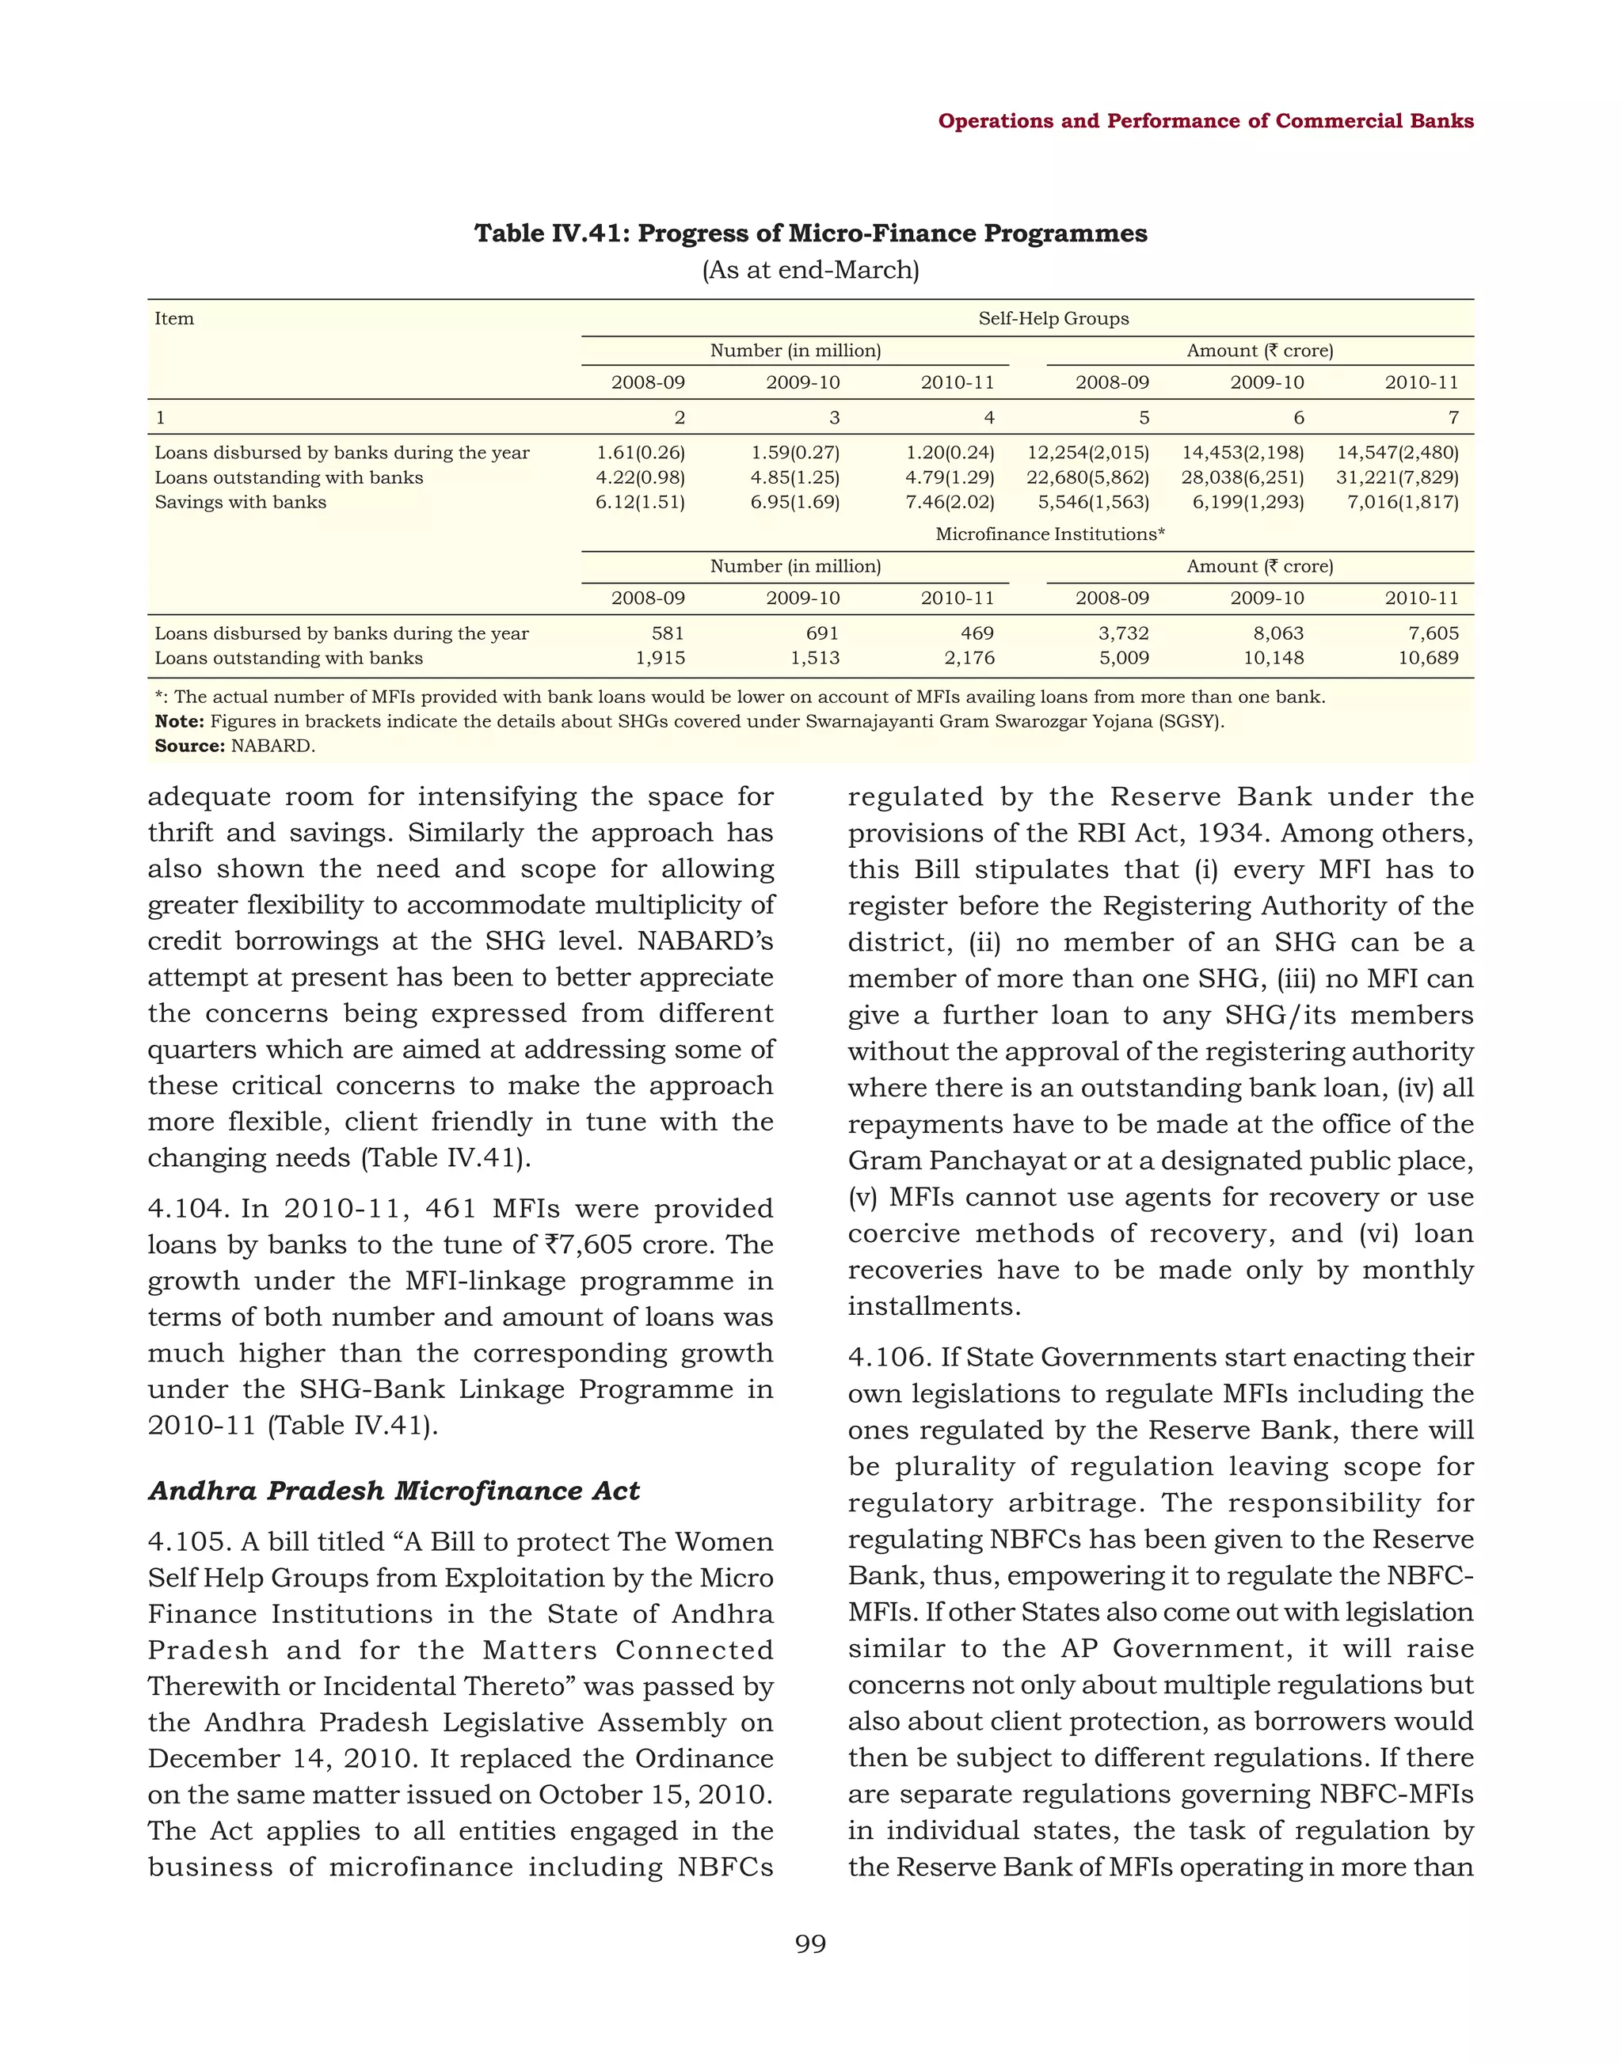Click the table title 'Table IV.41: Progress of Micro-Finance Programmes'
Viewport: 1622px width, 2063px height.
810,234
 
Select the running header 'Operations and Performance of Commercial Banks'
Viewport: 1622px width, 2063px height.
1205,120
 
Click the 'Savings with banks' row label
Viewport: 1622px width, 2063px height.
240,502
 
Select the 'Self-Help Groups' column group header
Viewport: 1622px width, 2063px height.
1053,319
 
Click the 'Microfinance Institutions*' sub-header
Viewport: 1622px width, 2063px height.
1050,534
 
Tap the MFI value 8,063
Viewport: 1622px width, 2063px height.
1277,633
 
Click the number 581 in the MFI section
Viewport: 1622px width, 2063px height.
667,633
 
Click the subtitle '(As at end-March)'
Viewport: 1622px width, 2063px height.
810,271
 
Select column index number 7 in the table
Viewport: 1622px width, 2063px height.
1453,418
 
